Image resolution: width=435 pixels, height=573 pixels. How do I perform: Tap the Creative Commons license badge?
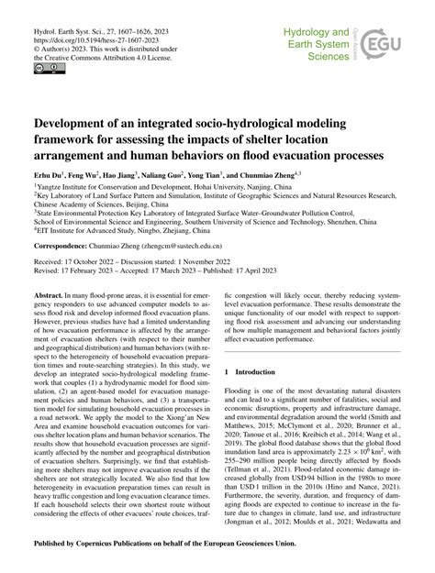43,68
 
